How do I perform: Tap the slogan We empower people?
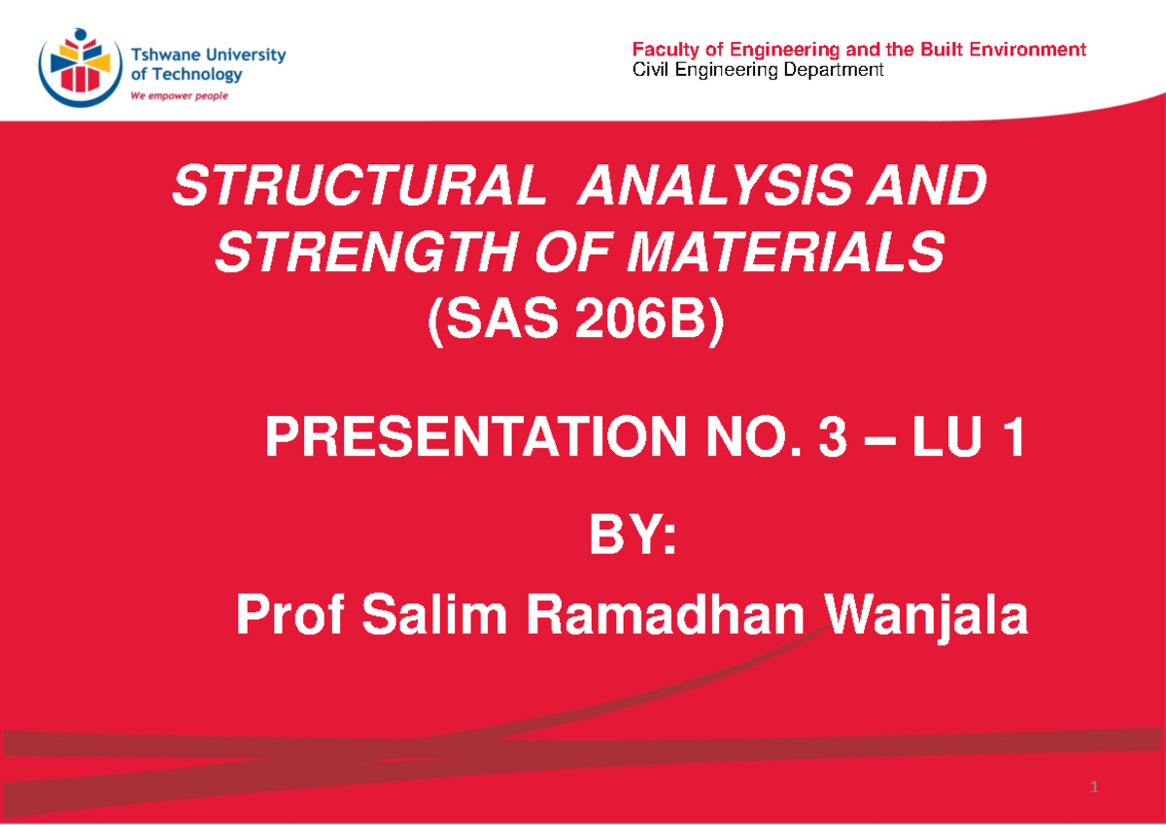pos(180,96)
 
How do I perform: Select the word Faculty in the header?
pos(660,50)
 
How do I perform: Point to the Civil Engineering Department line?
pos(758,70)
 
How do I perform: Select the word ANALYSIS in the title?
pos(711,188)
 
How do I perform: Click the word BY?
pos(632,538)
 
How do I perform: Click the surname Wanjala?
pos(928,617)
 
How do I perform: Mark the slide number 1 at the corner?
pos(1094,786)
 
